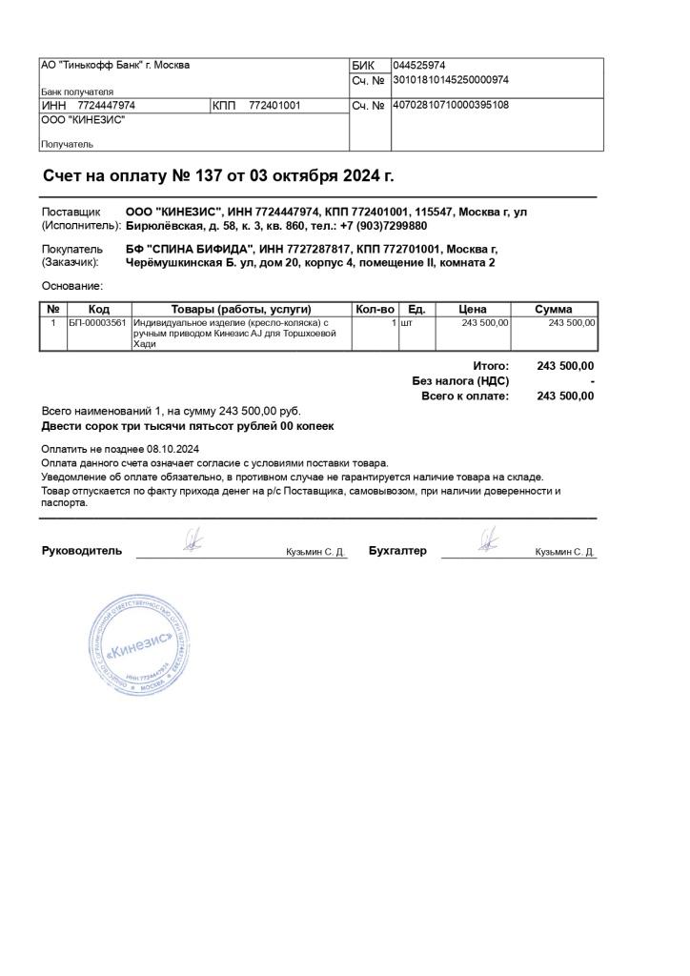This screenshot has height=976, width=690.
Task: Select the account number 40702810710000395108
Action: tap(451, 105)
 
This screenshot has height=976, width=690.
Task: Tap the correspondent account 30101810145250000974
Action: tap(451, 80)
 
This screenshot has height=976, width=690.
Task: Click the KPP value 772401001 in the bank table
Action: tap(274, 106)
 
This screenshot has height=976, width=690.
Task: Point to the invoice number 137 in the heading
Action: tap(207, 176)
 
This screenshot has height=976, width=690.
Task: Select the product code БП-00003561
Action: tap(98, 324)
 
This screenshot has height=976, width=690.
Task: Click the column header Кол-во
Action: tap(374, 310)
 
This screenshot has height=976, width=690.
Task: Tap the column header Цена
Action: tap(473, 310)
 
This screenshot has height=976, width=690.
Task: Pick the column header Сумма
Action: tap(553, 310)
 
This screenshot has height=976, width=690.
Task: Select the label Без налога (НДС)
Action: tap(460, 381)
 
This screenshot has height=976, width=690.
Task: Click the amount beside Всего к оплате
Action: tap(565, 396)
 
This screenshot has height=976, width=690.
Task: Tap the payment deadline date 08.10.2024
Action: tap(172, 448)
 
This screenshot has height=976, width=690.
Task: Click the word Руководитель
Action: tap(82, 551)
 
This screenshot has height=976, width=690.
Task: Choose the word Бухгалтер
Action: tap(397, 551)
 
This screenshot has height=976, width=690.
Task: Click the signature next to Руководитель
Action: tap(193, 541)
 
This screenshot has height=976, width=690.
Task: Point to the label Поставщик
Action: tap(71, 212)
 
